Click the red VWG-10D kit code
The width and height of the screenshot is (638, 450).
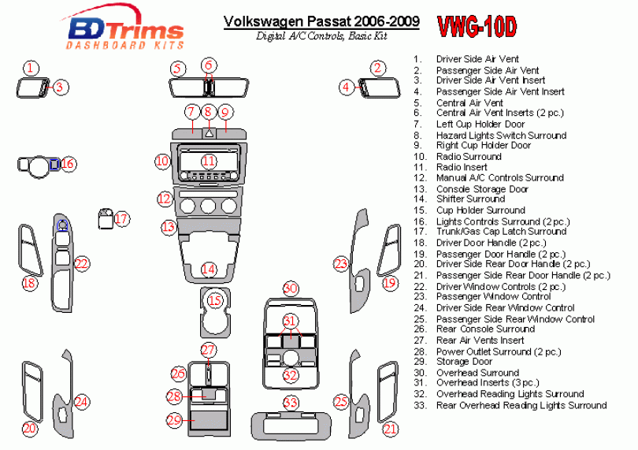coord(477,27)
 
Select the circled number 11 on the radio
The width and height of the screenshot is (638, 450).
coord(209,162)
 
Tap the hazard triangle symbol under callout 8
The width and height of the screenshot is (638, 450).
coord(209,132)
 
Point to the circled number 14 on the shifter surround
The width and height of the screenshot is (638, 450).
coord(208,270)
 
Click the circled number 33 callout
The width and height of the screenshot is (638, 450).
coord(291,404)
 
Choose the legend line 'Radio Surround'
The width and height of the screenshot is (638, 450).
coord(469,157)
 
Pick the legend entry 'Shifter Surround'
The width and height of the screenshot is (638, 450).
coord(470,199)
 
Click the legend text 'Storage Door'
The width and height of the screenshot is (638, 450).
coord(464,362)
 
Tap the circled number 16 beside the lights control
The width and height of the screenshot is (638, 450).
coord(68,164)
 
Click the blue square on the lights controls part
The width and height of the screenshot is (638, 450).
coord(54,164)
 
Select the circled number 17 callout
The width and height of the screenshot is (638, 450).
coord(121,219)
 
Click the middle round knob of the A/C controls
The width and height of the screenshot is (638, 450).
coord(208,206)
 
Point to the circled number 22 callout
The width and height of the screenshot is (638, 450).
coord(81,264)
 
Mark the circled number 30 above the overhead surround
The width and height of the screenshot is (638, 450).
coord(291,288)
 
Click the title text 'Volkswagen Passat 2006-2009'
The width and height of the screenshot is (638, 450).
coord(321,21)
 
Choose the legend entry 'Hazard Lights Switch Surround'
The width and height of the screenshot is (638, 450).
coord(501,136)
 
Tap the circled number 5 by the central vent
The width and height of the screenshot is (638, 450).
coord(178,69)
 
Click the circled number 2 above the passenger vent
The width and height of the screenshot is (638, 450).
coord(377,68)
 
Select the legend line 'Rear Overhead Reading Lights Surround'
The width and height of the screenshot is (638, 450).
coord(521,406)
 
